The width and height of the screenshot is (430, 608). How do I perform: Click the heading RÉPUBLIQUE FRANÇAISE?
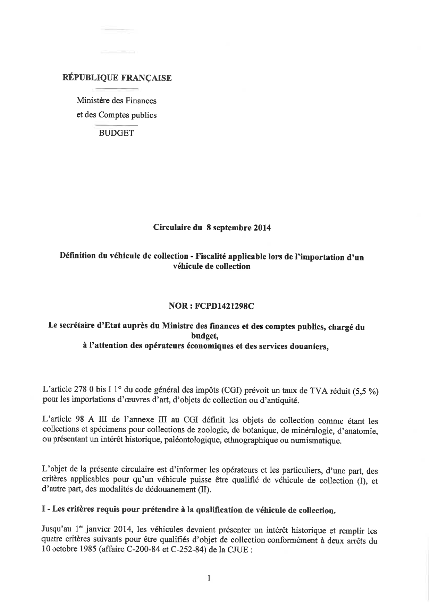[117, 78]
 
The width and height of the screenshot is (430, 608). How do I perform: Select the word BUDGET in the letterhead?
[116, 133]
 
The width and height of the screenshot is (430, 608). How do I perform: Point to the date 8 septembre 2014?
[238, 228]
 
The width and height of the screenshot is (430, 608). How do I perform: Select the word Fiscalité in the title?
[212, 257]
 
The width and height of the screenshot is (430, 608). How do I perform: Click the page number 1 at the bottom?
[209, 578]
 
